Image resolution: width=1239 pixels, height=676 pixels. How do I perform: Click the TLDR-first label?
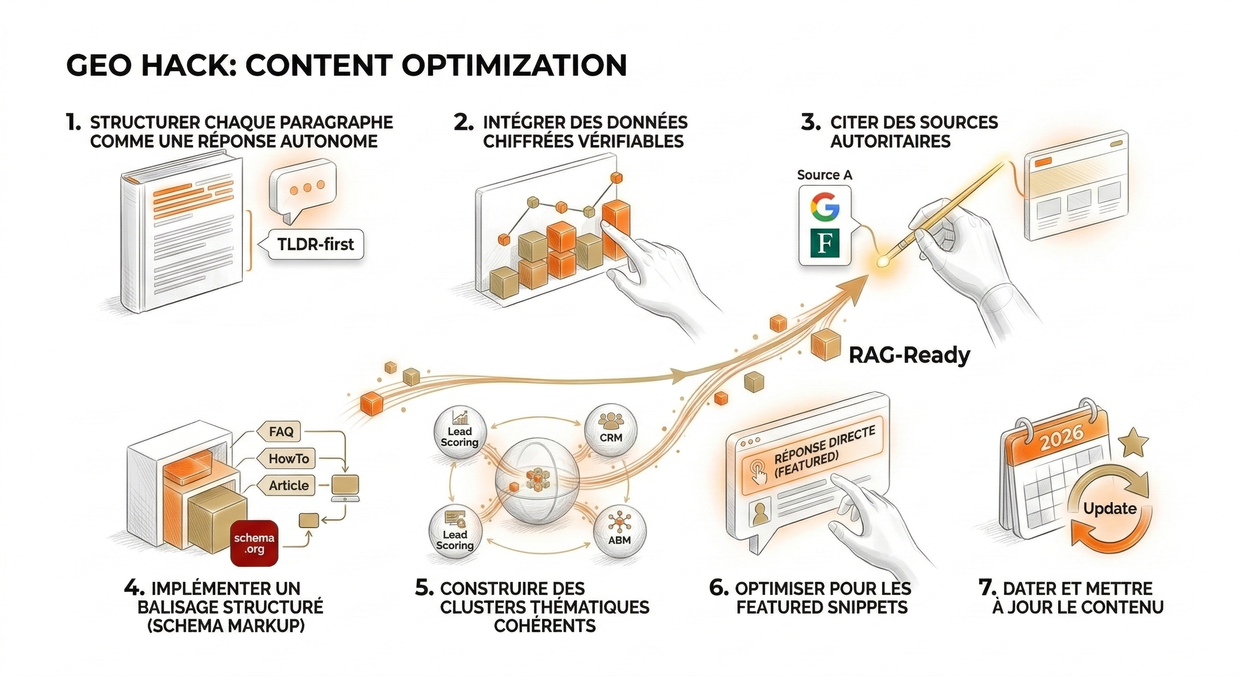(x=315, y=244)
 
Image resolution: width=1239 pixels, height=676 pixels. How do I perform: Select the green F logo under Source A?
(x=825, y=243)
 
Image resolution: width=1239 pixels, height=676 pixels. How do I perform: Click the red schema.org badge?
(x=254, y=543)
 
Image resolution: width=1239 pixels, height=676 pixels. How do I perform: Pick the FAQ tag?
(x=282, y=432)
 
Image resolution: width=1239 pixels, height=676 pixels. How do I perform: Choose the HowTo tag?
(x=289, y=459)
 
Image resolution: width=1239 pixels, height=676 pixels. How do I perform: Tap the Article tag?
(x=289, y=485)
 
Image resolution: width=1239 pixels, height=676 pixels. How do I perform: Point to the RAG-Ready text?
(x=909, y=356)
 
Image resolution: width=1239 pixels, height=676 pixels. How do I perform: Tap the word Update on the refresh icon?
(x=1110, y=509)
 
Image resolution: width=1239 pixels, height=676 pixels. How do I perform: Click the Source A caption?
(x=825, y=175)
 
